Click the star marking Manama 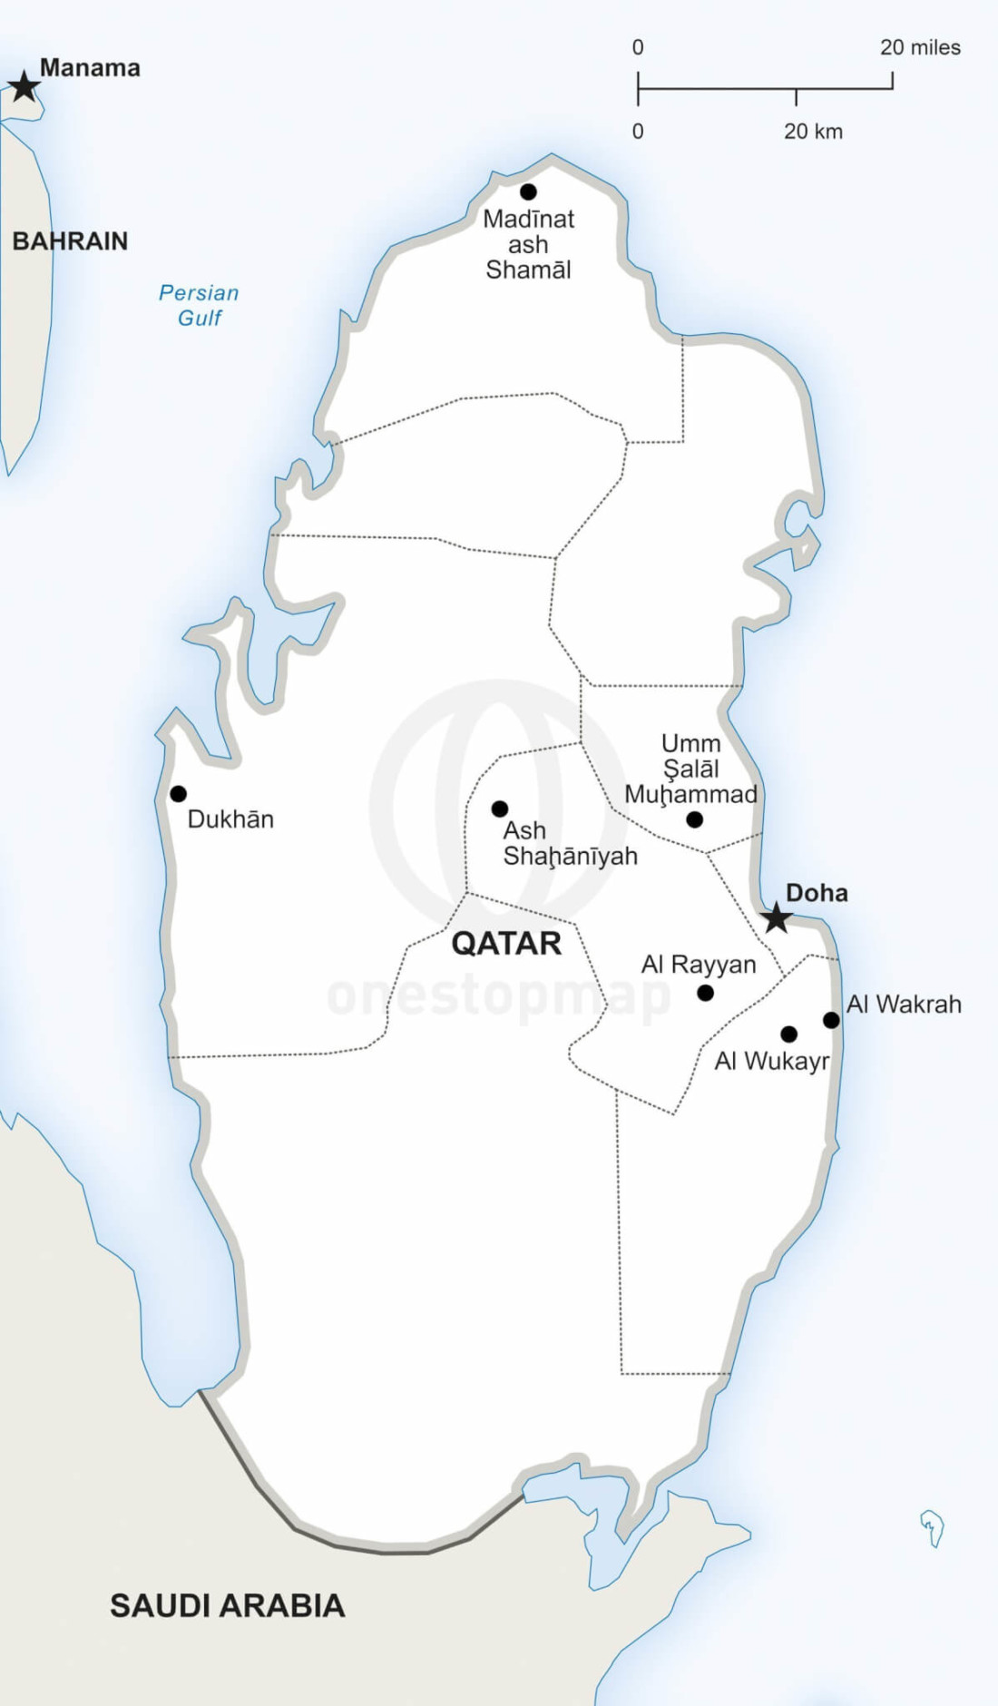click(x=24, y=88)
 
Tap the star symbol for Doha click(x=777, y=918)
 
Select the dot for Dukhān click(x=179, y=794)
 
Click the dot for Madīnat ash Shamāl click(x=528, y=191)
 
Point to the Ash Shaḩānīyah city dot click(x=500, y=809)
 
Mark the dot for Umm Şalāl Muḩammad click(x=695, y=819)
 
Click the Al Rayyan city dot click(x=706, y=993)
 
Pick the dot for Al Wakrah click(x=831, y=1020)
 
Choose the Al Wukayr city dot click(x=789, y=1034)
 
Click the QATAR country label click(x=506, y=944)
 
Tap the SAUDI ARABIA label click(x=228, y=1605)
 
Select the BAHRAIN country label click(x=70, y=241)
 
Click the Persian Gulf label click(x=199, y=305)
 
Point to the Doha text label click(x=817, y=893)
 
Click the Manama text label click(x=90, y=68)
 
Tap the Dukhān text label click(x=230, y=819)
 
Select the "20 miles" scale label click(x=920, y=48)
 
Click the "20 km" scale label click(x=813, y=132)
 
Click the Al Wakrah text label click(x=904, y=1005)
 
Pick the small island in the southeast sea click(x=933, y=1526)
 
